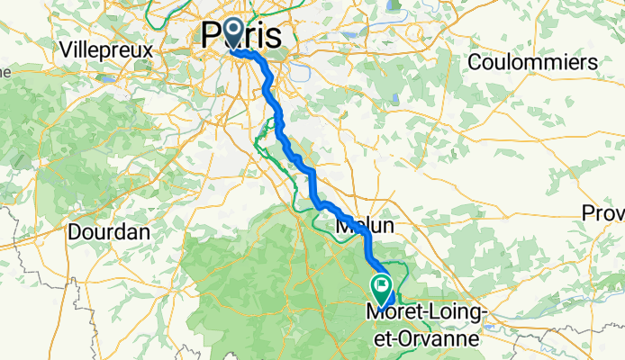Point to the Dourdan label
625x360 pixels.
[x=108, y=231]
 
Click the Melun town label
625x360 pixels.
[x=365, y=227]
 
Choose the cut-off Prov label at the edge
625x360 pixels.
[x=604, y=213]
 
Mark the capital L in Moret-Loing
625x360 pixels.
[x=429, y=310]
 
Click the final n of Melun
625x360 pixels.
[x=388, y=227]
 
